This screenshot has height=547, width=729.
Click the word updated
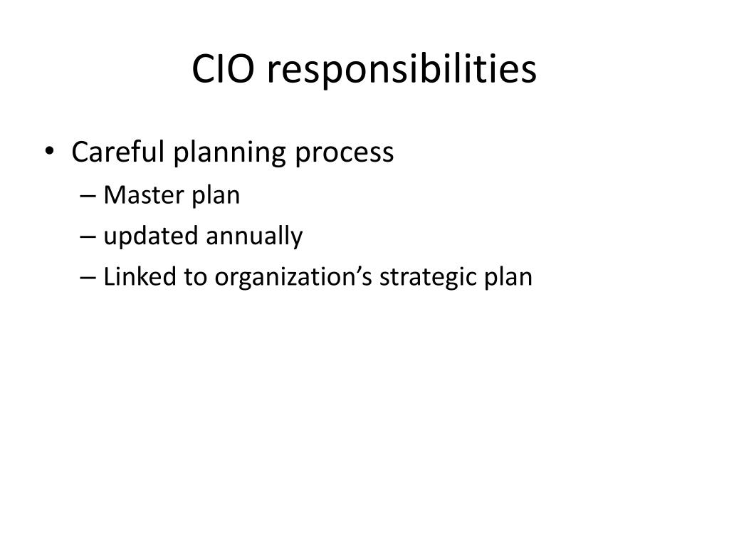pyautogui.click(x=151, y=236)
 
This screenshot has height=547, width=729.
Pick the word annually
pyautogui.click(x=255, y=236)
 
